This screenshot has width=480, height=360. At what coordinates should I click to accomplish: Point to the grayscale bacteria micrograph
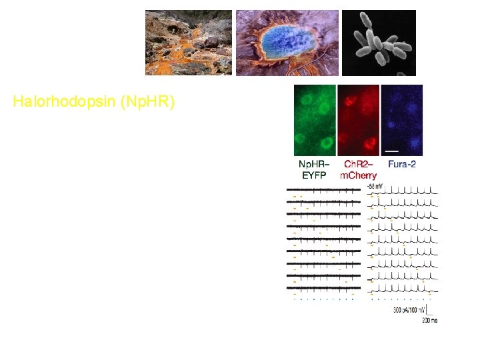point(379,43)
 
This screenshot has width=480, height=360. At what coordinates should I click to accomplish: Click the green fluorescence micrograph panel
point(315,121)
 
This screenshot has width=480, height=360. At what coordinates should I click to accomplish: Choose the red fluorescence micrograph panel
point(358,121)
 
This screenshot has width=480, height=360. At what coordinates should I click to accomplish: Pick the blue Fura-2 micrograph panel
point(401,121)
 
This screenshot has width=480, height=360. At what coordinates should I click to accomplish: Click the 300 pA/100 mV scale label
point(408,311)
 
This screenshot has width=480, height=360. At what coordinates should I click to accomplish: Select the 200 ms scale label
point(429,321)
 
